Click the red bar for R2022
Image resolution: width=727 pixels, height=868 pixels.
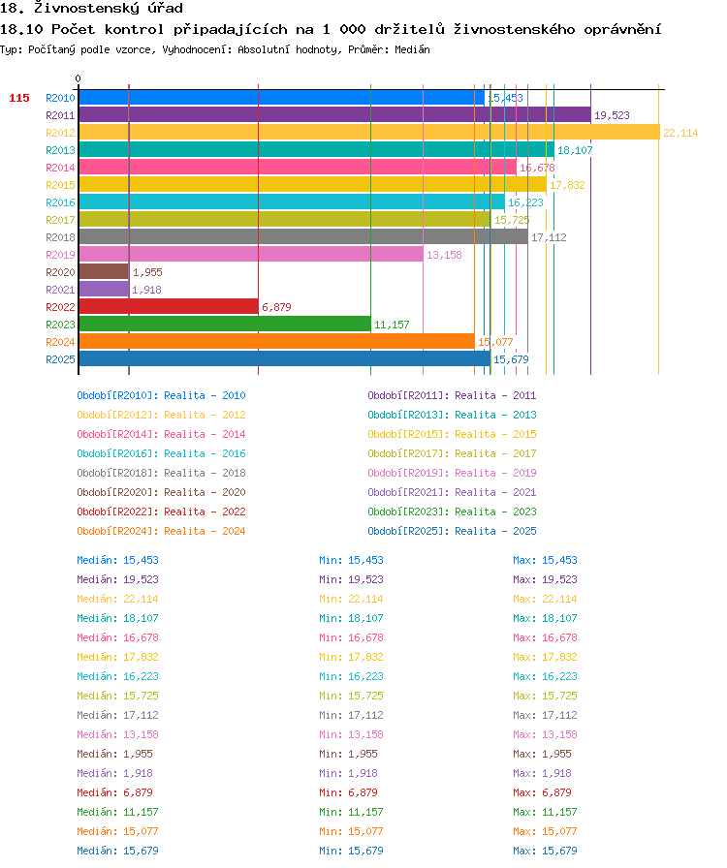coord(169,307)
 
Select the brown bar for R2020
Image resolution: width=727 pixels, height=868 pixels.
coord(104,272)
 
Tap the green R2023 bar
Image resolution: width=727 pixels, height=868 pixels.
coord(225,324)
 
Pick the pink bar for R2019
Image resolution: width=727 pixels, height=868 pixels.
coord(251,255)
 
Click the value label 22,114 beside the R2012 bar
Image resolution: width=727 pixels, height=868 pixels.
coord(680,133)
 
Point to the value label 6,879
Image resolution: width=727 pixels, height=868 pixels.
coord(276,307)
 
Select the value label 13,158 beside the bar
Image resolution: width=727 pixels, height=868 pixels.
coord(444,255)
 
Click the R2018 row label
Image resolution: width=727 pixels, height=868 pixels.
coord(60,237)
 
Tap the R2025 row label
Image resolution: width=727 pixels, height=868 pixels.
coord(60,359)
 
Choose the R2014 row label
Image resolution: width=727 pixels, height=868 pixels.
coord(60,168)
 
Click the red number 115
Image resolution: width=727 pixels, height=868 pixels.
coord(19,98)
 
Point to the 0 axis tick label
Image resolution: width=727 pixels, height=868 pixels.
coord(79,78)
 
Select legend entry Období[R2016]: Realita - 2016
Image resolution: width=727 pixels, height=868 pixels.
coord(161,453)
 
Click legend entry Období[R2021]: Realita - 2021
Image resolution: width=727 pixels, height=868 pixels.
coord(452,492)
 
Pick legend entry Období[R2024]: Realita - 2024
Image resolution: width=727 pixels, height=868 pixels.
coord(161,531)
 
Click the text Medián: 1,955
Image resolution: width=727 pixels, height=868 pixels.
coord(114,754)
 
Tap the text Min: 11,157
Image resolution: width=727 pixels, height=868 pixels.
coord(351,812)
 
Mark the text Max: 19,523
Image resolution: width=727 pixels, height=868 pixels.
coord(545,579)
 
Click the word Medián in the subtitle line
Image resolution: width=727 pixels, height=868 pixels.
coord(412,49)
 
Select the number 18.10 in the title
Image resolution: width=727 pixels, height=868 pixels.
coord(21,29)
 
